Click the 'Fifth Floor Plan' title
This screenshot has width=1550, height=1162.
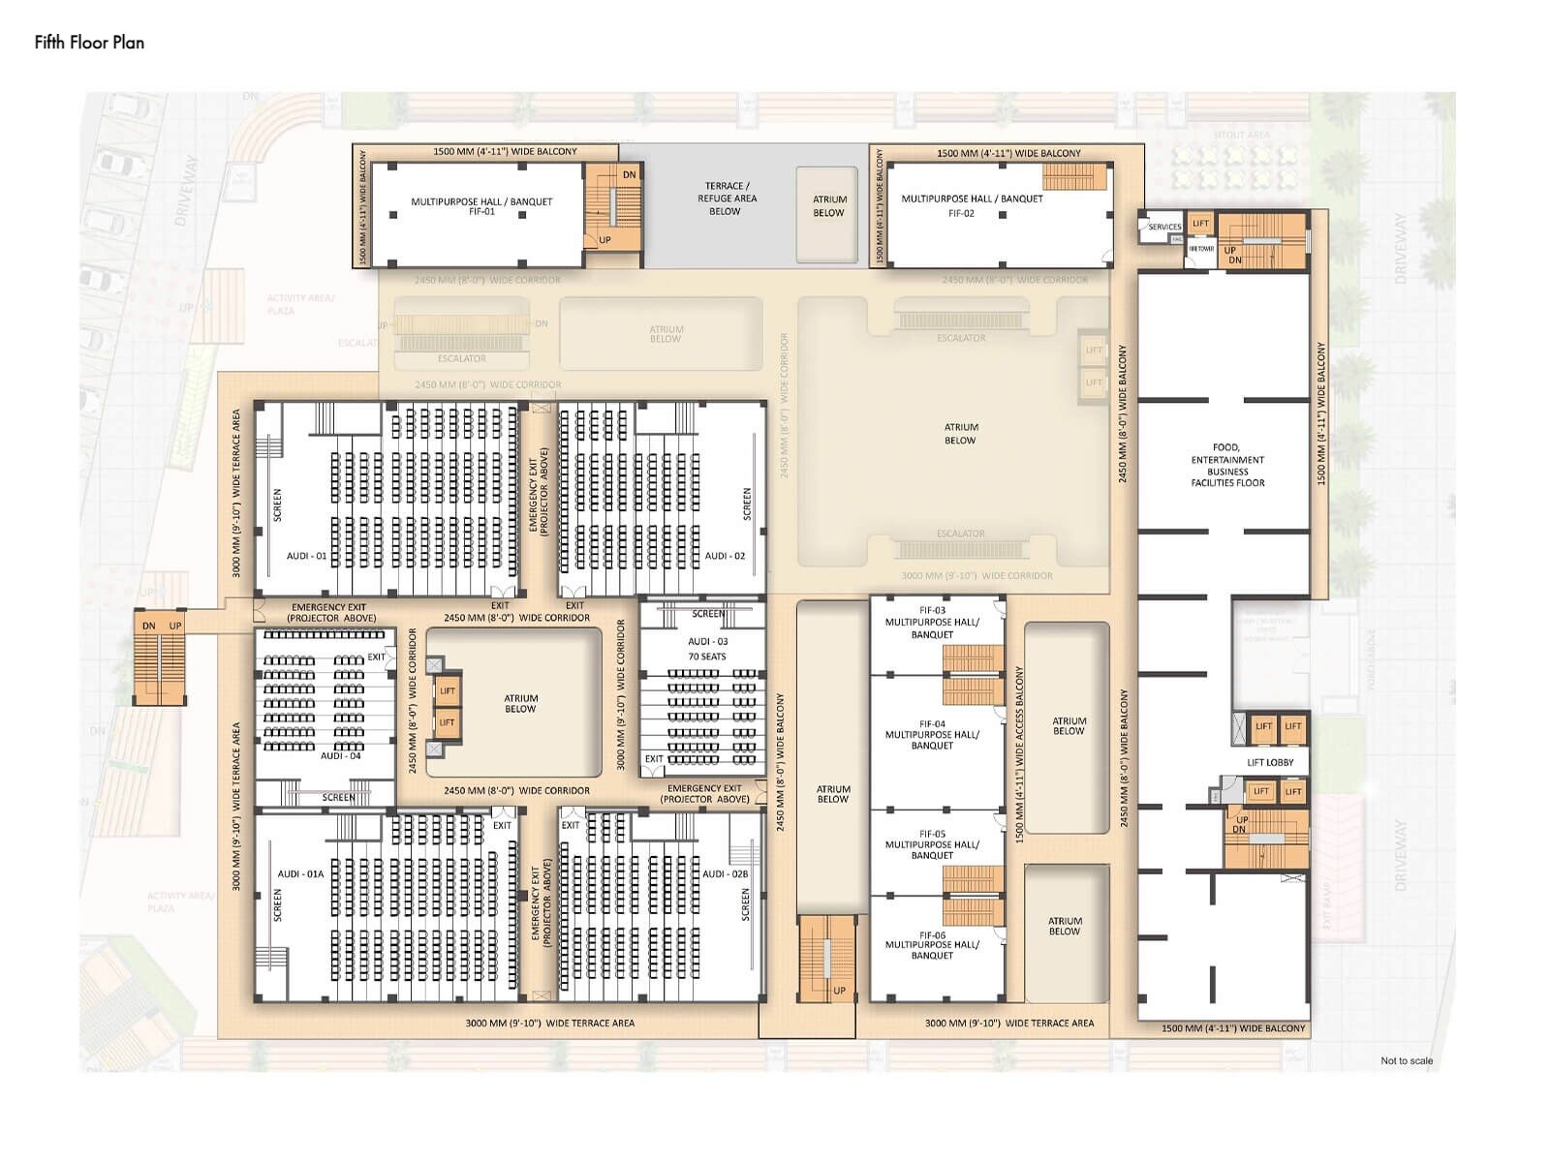pyautogui.click(x=89, y=43)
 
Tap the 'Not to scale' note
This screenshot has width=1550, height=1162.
pyautogui.click(x=1406, y=1060)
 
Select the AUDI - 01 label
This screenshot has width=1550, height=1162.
pyautogui.click(x=307, y=556)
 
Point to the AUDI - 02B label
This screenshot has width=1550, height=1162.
pyautogui.click(x=725, y=873)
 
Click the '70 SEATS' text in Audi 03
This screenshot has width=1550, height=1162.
pyautogui.click(x=707, y=657)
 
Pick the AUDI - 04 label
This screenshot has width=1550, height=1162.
pyautogui.click(x=340, y=755)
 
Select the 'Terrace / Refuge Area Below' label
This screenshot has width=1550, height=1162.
pyautogui.click(x=727, y=199)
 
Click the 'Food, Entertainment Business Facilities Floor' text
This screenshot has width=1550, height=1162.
pyautogui.click(x=1227, y=465)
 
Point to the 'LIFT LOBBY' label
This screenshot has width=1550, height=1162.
pyautogui.click(x=1270, y=762)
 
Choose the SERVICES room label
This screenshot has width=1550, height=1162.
pyautogui.click(x=1164, y=227)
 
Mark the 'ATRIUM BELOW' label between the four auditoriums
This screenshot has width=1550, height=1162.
pyautogui.click(x=520, y=703)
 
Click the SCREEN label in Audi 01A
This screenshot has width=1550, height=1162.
pyautogui.click(x=277, y=904)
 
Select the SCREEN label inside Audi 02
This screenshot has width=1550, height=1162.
pyautogui.click(x=746, y=505)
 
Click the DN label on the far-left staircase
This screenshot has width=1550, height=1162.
pyautogui.click(x=148, y=626)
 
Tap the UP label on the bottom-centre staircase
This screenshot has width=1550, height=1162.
pyautogui.click(x=839, y=991)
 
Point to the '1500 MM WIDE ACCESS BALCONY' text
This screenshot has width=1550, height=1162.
pyautogui.click(x=1018, y=754)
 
